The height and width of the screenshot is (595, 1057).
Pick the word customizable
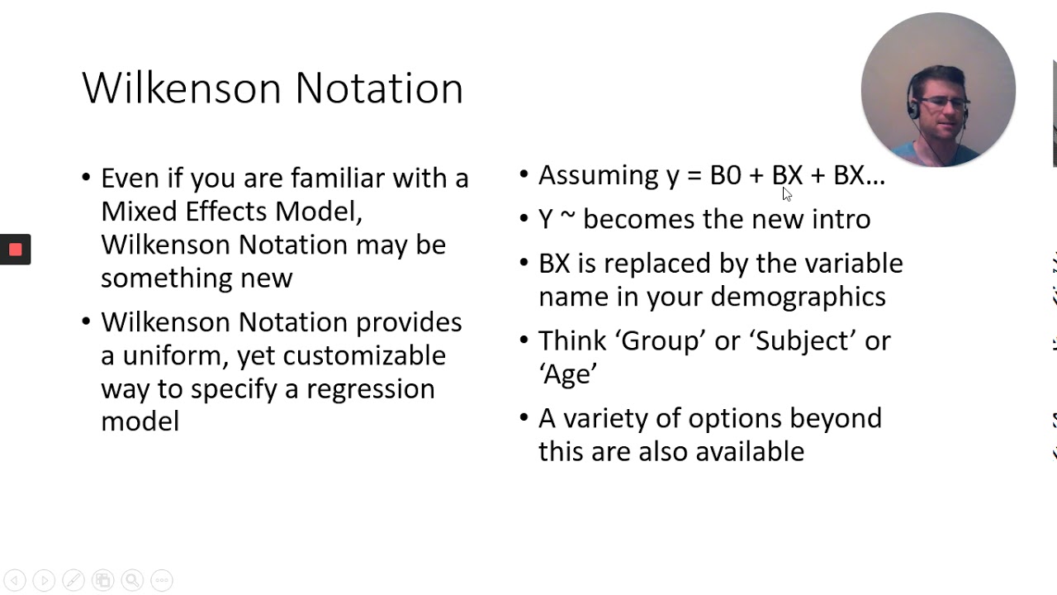(364, 355)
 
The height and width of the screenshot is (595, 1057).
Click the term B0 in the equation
(725, 175)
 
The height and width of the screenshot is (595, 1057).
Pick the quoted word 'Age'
(567, 374)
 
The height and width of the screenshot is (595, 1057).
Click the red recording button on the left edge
(15, 250)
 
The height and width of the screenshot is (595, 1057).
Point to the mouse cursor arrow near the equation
(786, 193)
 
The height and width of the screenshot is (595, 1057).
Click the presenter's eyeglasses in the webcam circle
(943, 103)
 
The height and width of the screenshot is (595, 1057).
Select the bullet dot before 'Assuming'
(524, 175)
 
